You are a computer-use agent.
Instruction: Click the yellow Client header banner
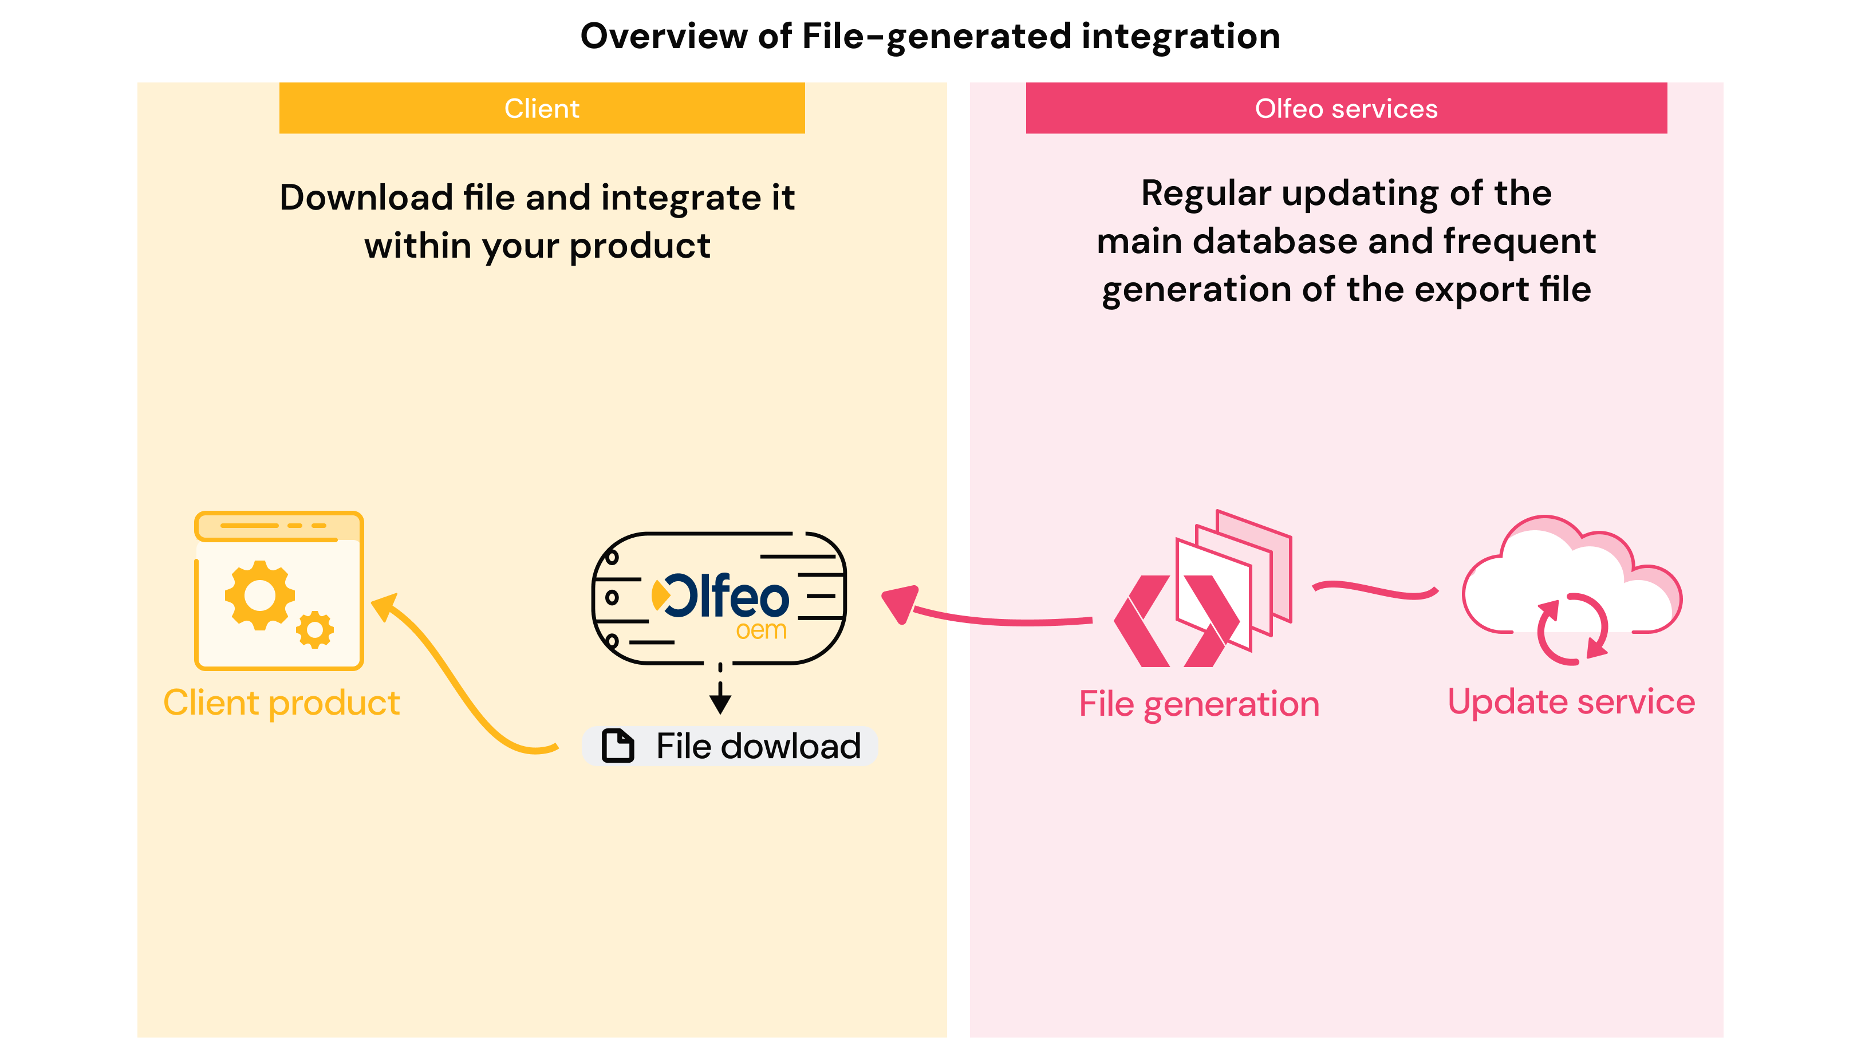pos(542,108)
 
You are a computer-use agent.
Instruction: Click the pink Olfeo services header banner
pos(1346,108)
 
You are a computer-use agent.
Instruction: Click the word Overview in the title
pos(664,36)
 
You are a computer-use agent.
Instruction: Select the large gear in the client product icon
pos(260,596)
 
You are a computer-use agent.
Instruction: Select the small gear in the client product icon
pos(315,630)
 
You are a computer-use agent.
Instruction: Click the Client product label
pos(282,703)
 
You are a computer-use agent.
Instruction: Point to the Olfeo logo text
pos(726,596)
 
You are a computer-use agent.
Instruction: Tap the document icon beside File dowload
pos(618,746)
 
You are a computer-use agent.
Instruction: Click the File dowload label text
pos(758,746)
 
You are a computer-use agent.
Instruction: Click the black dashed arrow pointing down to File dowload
pos(720,690)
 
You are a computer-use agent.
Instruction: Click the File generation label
pos(1199,704)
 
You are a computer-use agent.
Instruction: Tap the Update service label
pos(1571,701)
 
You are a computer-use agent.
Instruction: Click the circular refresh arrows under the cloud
pos(1572,629)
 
